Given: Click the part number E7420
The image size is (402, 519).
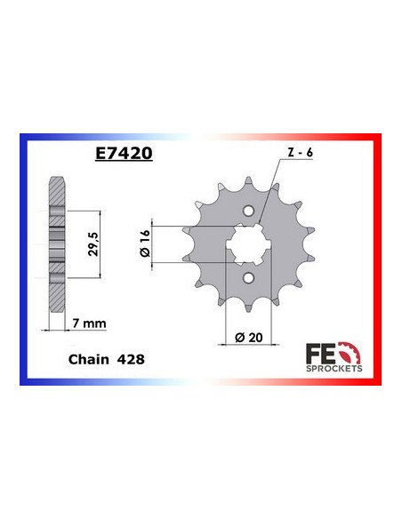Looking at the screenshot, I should pos(125,153).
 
